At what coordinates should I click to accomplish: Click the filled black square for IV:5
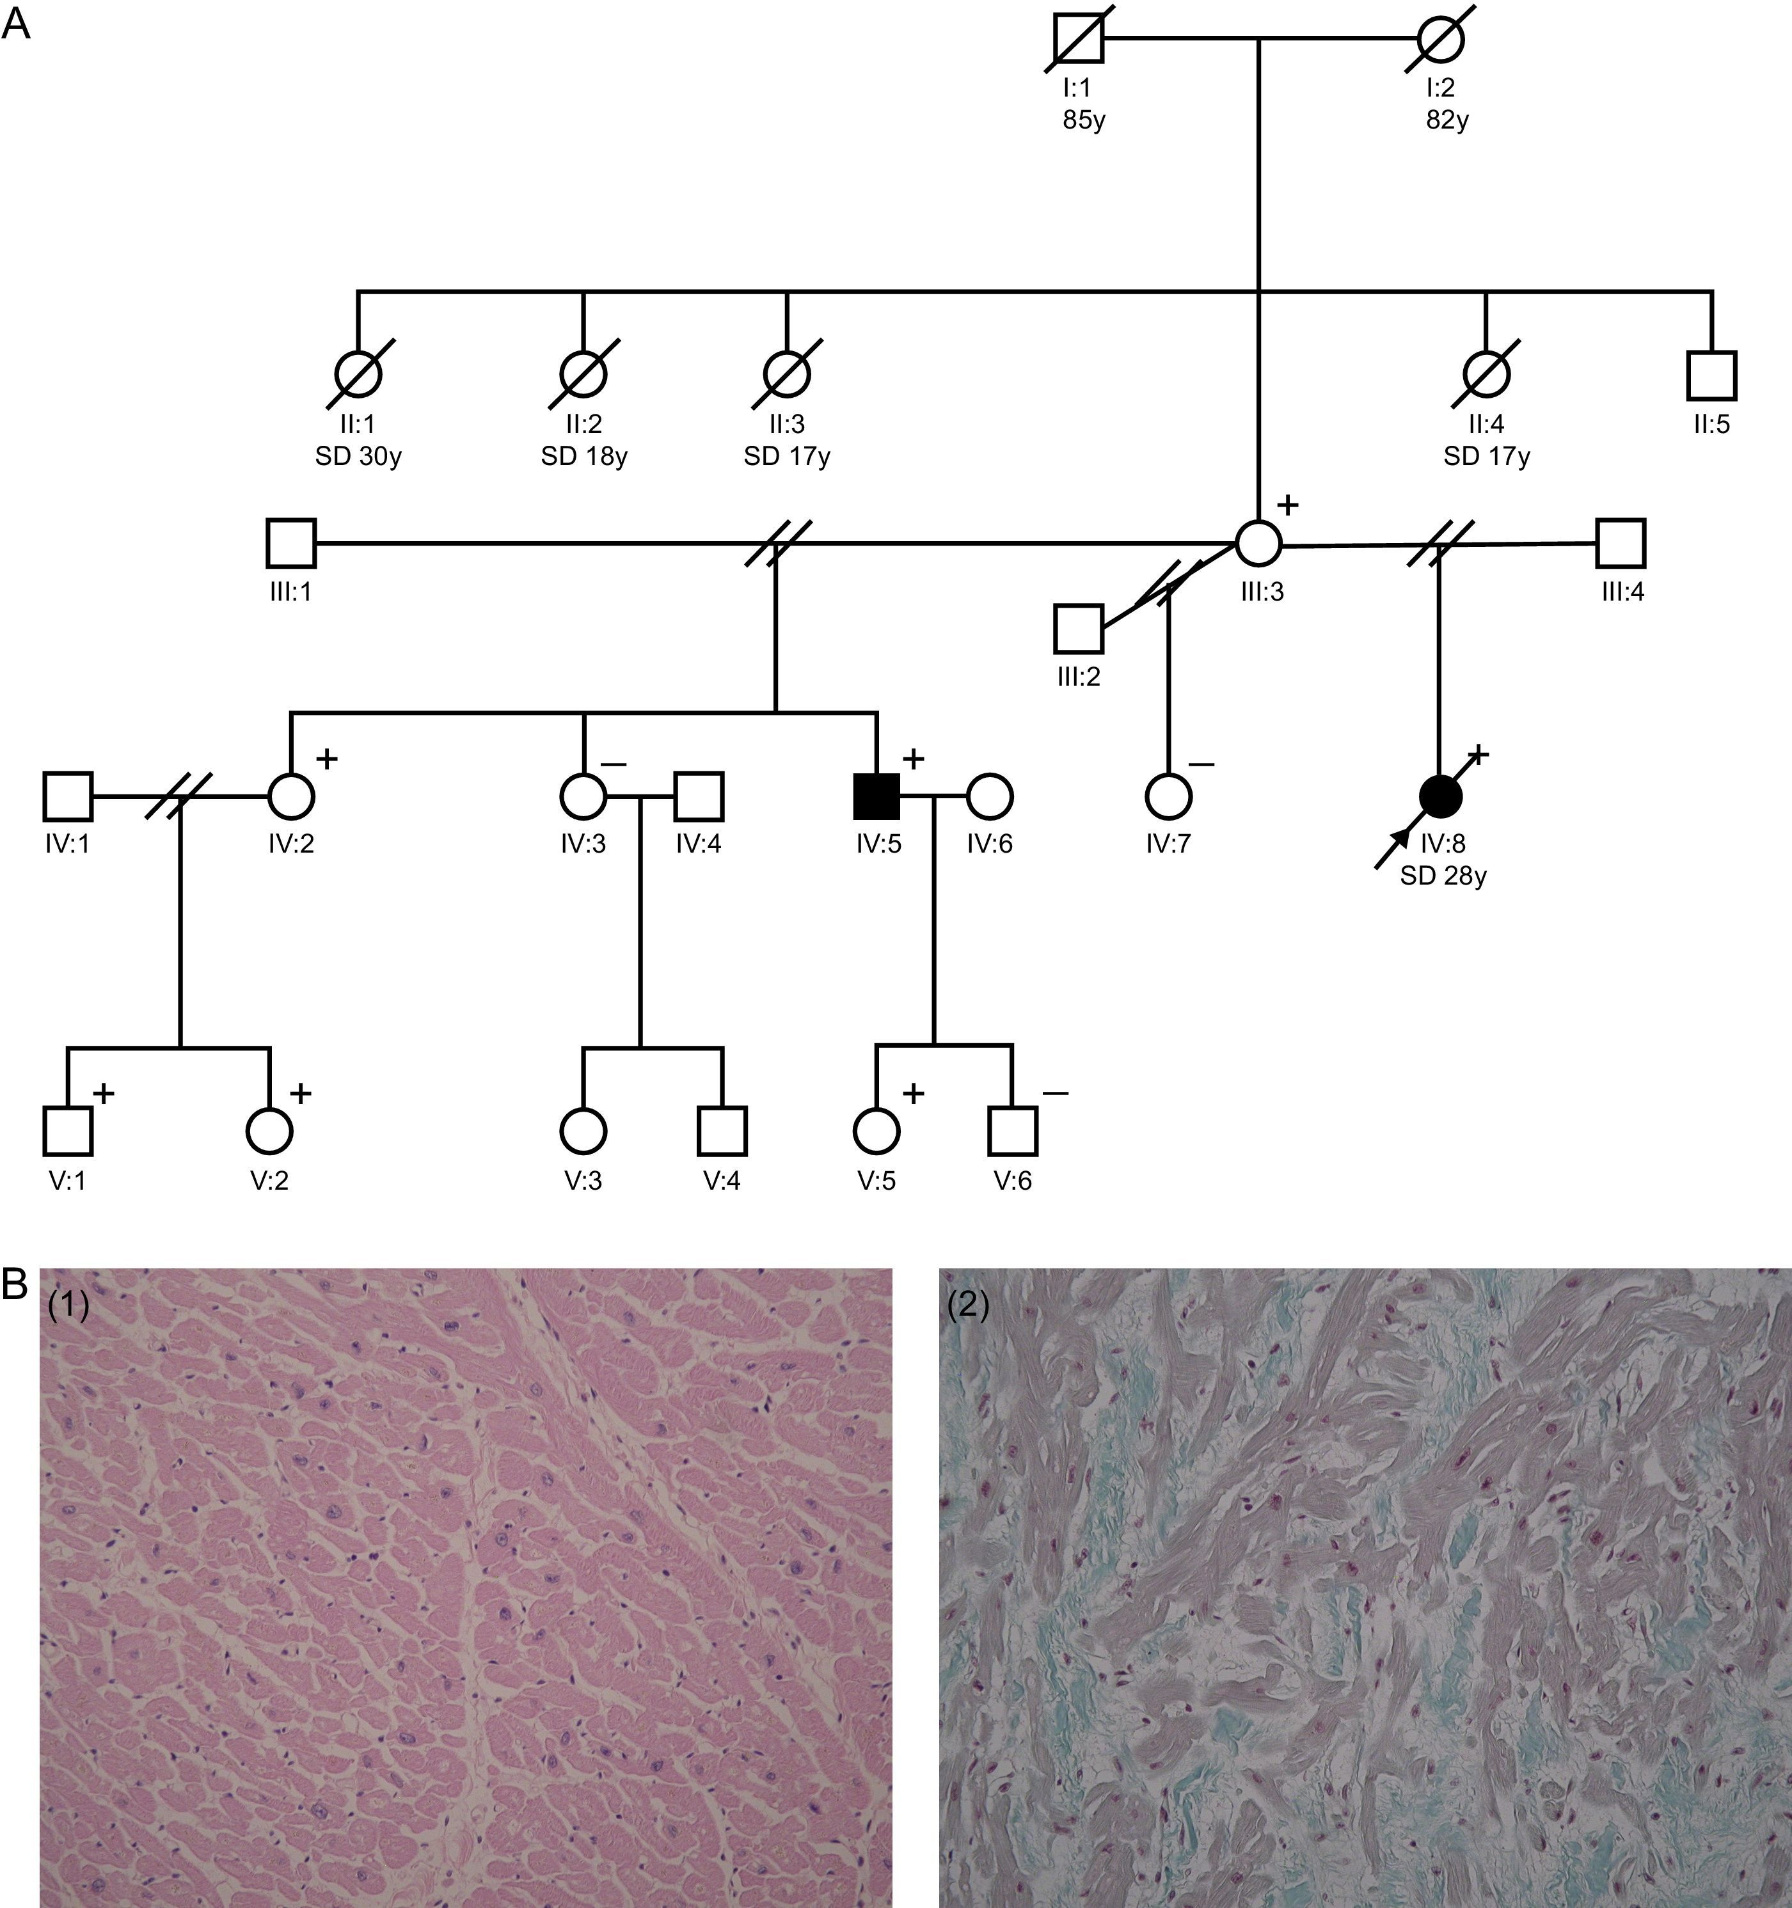click(876, 796)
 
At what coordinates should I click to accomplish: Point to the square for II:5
click(1711, 375)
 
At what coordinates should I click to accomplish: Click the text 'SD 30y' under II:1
click(358, 457)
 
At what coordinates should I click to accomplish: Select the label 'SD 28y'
click(1443, 876)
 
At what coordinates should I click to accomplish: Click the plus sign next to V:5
click(913, 1092)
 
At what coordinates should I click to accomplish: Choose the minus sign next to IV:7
click(1201, 765)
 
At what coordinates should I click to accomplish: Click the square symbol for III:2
click(1078, 629)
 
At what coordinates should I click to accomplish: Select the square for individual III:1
click(291, 543)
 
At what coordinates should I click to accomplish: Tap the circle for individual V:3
click(583, 1131)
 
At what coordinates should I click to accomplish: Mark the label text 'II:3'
click(786, 423)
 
